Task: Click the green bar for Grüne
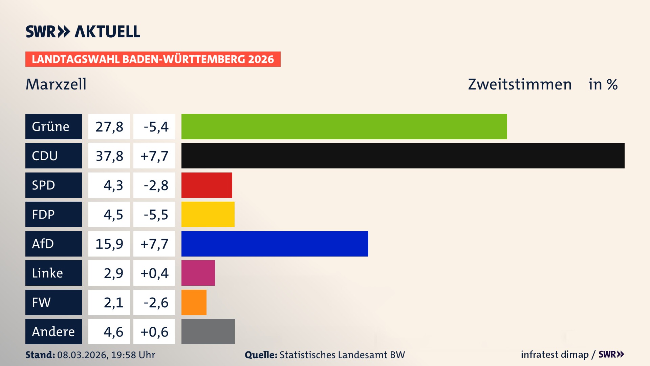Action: tap(344, 126)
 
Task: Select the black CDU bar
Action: tap(403, 156)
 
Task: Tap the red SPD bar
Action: tap(207, 185)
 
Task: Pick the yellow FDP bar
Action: tap(208, 214)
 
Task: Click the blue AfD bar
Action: tap(275, 244)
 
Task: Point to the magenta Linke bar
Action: tap(198, 273)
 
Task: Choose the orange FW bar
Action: tap(194, 302)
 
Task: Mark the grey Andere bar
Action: tap(208, 331)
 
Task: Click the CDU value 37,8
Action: tap(109, 156)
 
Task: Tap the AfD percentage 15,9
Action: tap(109, 244)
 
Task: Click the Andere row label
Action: tap(53, 331)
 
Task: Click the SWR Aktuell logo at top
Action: tap(83, 32)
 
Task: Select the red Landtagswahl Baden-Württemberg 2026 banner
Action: tap(153, 59)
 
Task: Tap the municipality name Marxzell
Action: tap(56, 84)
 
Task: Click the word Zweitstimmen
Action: tap(520, 84)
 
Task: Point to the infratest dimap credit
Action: tap(554, 354)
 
